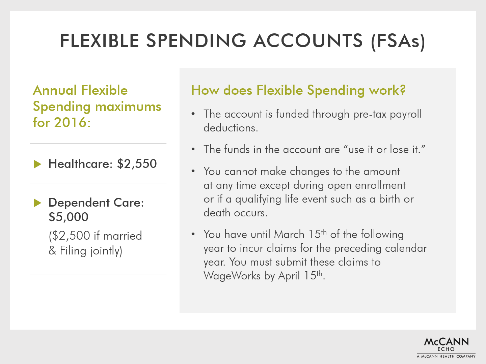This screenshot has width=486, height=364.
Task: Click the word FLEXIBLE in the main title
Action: click(x=100, y=41)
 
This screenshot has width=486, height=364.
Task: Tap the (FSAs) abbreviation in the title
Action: click(x=398, y=41)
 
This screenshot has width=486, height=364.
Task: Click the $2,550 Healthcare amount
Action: click(x=137, y=164)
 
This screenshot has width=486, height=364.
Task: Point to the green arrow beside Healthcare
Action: click(x=37, y=164)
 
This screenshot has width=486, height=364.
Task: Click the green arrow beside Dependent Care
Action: click(x=37, y=203)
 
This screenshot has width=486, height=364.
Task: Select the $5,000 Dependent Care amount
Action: click(x=69, y=217)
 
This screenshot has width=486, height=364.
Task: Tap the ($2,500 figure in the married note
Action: click(x=69, y=236)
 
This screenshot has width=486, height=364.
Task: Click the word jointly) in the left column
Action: click(x=106, y=251)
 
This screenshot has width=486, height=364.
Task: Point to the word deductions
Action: click(x=231, y=128)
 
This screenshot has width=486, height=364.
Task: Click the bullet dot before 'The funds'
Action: click(x=193, y=149)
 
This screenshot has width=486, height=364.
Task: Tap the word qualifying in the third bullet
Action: click(x=258, y=199)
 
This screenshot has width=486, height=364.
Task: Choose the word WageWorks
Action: click(x=232, y=276)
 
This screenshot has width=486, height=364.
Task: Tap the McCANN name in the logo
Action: click(x=446, y=342)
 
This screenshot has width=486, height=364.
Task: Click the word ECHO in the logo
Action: click(x=446, y=349)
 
